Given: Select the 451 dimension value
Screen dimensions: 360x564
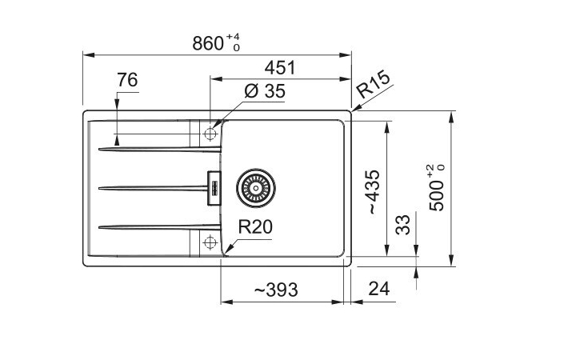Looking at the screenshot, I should (x=279, y=68).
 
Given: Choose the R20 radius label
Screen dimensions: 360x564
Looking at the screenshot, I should (x=257, y=227).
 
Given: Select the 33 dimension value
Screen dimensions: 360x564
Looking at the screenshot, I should (x=402, y=225).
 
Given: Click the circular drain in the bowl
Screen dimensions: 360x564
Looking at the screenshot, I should (x=255, y=189).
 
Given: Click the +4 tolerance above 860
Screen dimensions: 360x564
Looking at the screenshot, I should (x=233, y=36).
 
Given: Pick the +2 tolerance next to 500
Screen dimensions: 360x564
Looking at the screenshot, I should (x=430, y=170).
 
